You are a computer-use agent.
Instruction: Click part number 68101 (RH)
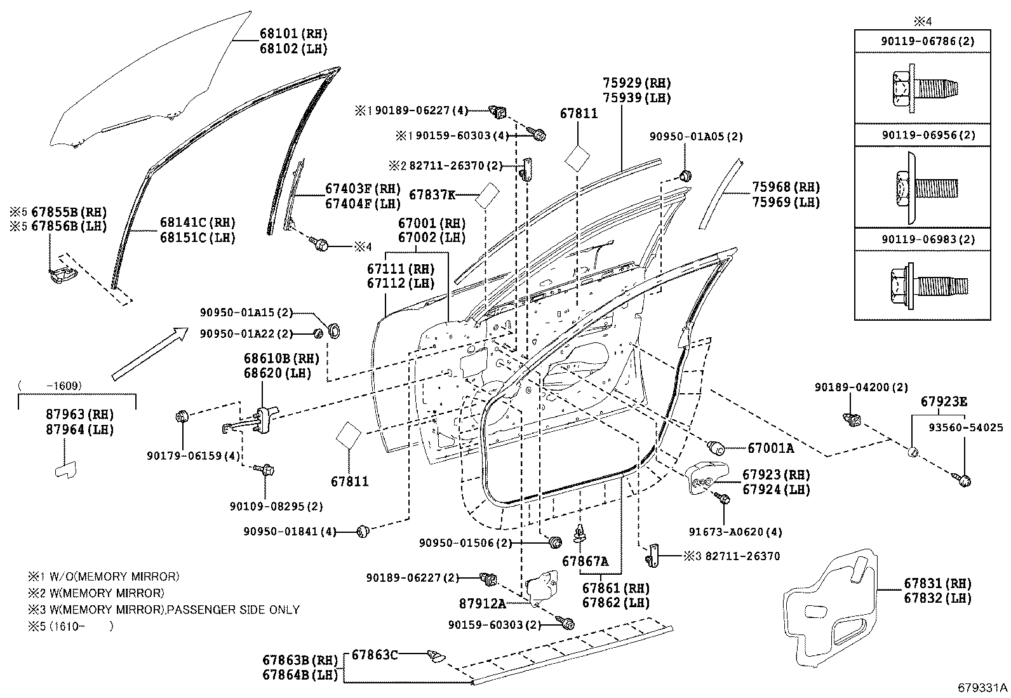click(293, 34)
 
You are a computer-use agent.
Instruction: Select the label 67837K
click(432, 194)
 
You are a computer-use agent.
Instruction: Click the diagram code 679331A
click(983, 687)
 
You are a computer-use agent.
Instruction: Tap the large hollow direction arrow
click(150, 354)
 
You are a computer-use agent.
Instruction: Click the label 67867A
click(585, 561)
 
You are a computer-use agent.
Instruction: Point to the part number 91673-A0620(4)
click(735, 532)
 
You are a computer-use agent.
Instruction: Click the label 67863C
click(375, 654)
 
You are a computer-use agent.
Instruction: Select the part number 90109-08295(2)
click(276, 506)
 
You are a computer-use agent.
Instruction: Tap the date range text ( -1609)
click(50, 386)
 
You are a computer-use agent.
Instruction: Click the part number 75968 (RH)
click(786, 187)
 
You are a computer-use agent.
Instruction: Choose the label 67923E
click(944, 401)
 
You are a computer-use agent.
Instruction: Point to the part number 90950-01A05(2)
click(696, 136)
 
